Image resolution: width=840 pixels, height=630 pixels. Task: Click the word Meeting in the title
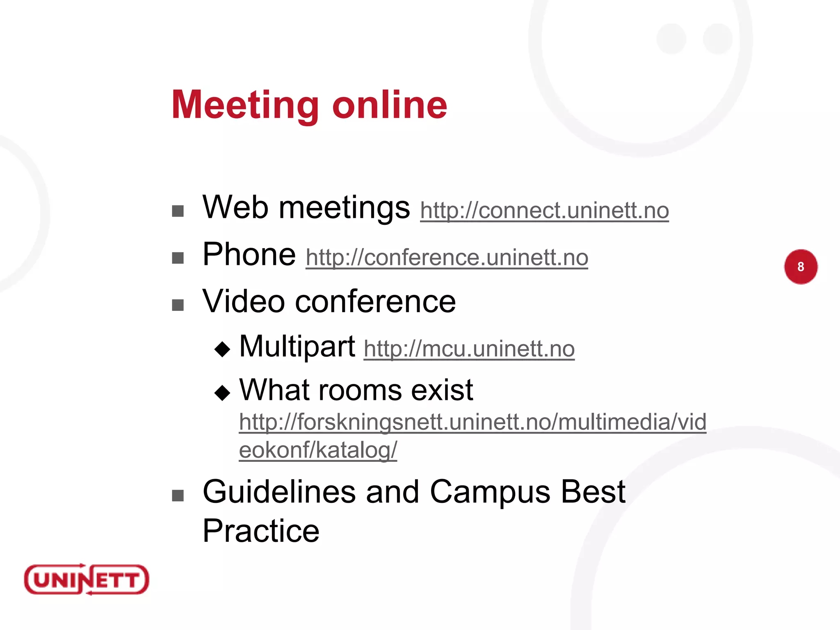click(x=245, y=105)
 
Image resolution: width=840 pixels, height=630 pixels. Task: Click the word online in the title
click(x=389, y=105)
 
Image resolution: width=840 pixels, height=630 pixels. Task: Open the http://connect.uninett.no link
click(x=544, y=211)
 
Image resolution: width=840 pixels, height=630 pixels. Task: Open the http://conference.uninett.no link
click(x=447, y=258)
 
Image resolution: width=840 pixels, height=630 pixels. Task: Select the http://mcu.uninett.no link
click(x=469, y=349)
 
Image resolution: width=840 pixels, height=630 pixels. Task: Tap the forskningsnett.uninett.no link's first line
click(x=472, y=422)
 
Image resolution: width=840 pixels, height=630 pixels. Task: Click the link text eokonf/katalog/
click(x=318, y=450)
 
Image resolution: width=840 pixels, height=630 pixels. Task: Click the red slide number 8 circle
click(x=801, y=267)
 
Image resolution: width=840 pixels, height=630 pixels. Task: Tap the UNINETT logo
click(x=87, y=580)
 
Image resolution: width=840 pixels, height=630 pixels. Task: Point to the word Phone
click(x=249, y=255)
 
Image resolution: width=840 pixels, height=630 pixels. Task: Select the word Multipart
click(x=297, y=347)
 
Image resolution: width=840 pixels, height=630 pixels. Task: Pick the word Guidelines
click(x=279, y=492)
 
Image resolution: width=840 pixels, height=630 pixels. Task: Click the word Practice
click(x=261, y=531)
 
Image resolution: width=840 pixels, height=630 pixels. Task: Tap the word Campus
click(x=490, y=492)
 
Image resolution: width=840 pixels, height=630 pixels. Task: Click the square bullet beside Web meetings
click(x=178, y=211)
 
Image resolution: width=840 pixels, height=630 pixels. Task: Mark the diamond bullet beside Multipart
click(x=222, y=349)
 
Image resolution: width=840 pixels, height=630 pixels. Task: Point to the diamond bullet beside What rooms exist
click(x=222, y=393)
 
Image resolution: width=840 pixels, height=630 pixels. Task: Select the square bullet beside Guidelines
click(x=178, y=496)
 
